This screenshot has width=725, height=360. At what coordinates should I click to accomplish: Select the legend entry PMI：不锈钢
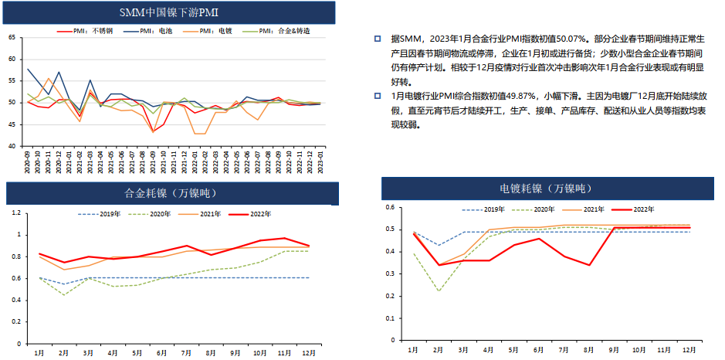pos(88,31)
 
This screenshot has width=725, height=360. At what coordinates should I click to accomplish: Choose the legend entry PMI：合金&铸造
pos(285,31)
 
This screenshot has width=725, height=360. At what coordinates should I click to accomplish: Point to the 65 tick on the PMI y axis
pos(11,38)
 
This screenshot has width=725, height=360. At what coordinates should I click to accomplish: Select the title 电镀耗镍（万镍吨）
pos(544,188)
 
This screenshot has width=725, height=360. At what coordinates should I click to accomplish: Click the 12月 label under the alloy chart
pos(310,352)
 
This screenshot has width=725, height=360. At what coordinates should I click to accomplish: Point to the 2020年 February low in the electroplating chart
pos(439,290)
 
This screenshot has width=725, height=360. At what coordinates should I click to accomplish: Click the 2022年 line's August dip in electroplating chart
pos(588,265)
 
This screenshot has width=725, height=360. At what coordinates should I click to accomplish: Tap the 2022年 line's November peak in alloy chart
pos(284,238)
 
